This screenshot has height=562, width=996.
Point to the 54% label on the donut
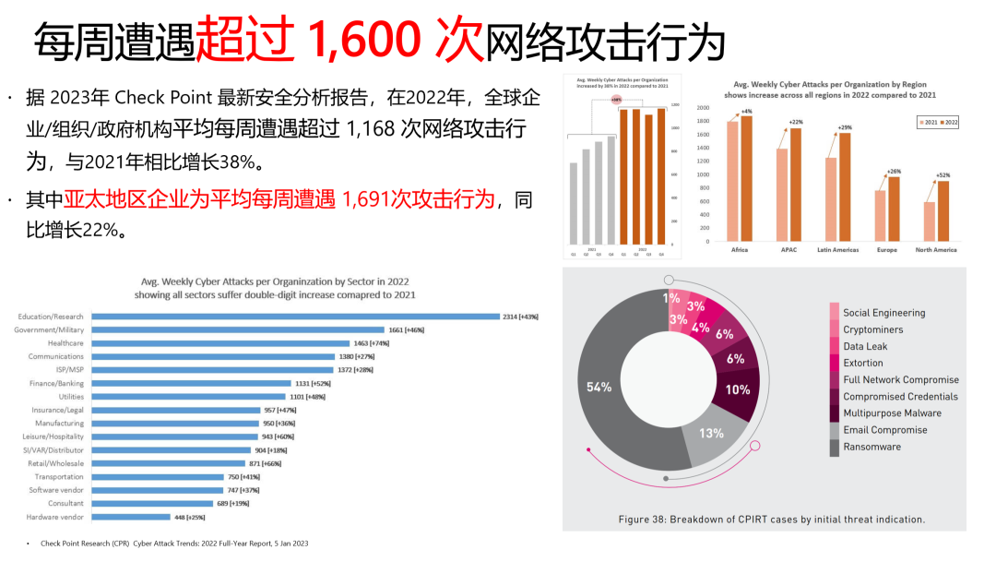(599, 387)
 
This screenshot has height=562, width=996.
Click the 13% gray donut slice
(711, 434)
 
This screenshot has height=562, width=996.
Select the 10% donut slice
(738, 389)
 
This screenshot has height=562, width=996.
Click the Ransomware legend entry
(871, 447)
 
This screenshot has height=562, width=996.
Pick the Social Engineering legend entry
(883, 313)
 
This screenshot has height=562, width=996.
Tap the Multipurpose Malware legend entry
(892, 413)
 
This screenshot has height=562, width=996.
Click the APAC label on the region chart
(788, 250)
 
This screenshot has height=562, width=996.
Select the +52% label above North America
(943, 175)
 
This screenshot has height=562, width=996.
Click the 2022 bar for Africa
(747, 179)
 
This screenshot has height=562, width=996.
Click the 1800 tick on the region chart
(703, 121)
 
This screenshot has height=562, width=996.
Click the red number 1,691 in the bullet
(373, 199)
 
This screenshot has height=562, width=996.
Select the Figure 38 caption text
(771, 520)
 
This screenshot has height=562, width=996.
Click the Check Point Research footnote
(174, 544)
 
